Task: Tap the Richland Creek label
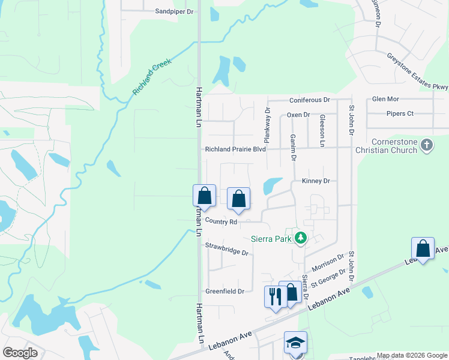pos(152,77)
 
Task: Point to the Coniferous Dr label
pos(310,100)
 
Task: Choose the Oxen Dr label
pos(298,115)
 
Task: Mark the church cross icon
pos(427,145)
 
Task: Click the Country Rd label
pos(221,221)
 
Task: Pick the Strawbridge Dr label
pos(227,249)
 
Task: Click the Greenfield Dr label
pos(225,292)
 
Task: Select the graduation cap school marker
pos(295,343)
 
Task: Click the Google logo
pos(20,353)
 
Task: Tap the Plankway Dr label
pos(268,122)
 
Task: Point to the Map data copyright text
pos(411,355)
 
